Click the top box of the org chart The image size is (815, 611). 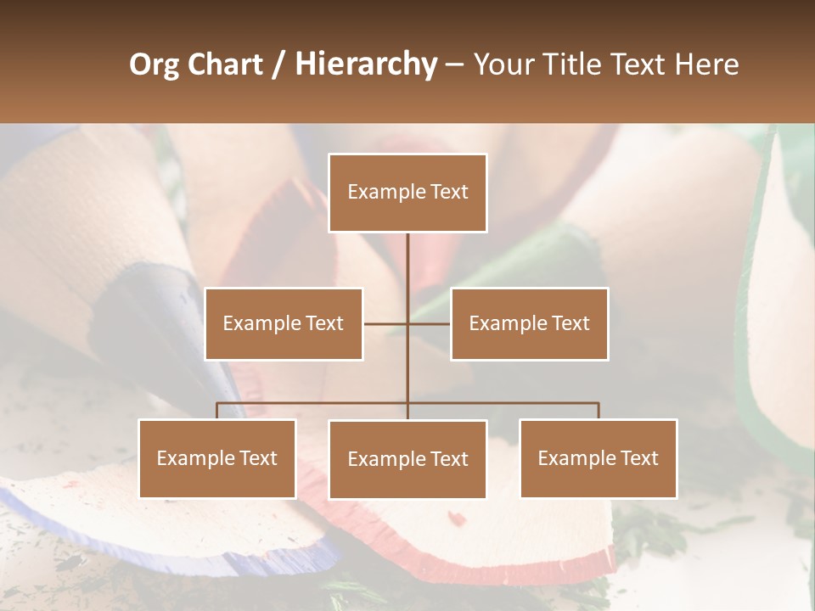coord(407,193)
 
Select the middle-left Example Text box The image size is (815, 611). coord(284,323)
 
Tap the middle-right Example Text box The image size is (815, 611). coord(529,323)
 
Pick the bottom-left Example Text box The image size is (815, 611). coord(217,458)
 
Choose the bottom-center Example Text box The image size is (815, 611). coord(407,459)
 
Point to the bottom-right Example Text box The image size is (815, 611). coord(598,458)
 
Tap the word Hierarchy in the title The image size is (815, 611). coord(365,64)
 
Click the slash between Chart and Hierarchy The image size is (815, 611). coord(278,64)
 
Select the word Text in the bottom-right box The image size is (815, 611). coord(639,458)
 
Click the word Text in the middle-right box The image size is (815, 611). coord(570,323)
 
